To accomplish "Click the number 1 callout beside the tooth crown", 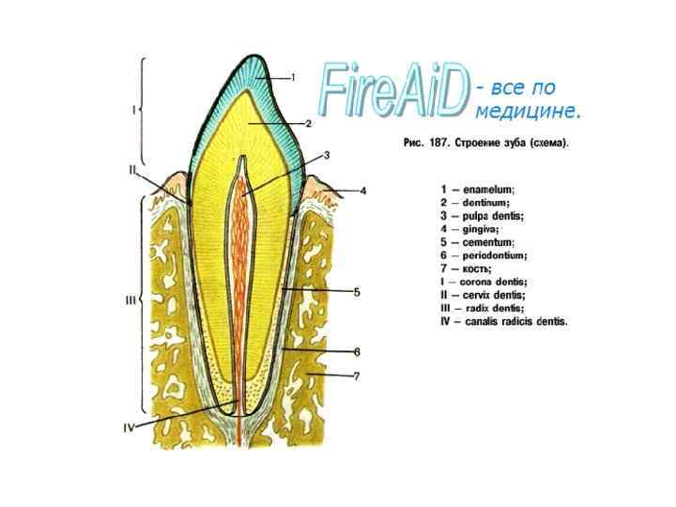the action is (x=293, y=77).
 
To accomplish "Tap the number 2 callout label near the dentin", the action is (x=307, y=123).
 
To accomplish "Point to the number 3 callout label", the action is (x=326, y=155).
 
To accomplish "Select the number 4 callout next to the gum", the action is (x=363, y=191).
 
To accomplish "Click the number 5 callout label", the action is (x=357, y=292).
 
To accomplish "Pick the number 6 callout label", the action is (x=357, y=352).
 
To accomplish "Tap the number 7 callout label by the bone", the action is (x=357, y=376).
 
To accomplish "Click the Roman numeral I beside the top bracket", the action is (x=132, y=110).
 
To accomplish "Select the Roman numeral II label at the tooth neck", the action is (x=134, y=170).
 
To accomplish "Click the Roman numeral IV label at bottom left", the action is (x=130, y=427).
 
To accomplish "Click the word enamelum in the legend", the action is (x=489, y=189).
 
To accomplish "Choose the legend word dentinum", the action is (x=486, y=202).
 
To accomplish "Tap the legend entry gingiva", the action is (x=481, y=228).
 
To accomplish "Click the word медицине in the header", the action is (x=529, y=112).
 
